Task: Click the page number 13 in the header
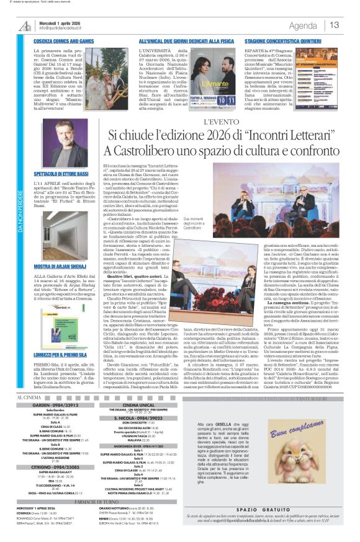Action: pyautogui.click(x=335, y=25)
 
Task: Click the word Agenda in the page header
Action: pyautogui.click(x=303, y=25)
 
